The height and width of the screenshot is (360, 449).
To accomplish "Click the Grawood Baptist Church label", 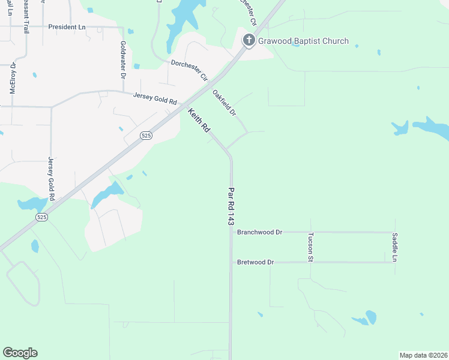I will click(x=303, y=41).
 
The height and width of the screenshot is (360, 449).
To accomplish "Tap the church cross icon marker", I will click(x=249, y=40).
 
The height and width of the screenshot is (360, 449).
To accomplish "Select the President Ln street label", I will click(x=67, y=27).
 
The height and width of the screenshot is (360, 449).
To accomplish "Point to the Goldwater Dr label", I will click(x=122, y=60).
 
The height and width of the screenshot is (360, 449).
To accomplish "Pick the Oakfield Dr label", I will click(x=225, y=103).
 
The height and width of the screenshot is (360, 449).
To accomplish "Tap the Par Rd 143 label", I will click(x=231, y=205).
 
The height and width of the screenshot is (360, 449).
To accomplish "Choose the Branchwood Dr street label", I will click(x=259, y=232).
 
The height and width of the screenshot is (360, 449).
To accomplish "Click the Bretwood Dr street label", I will click(x=255, y=262).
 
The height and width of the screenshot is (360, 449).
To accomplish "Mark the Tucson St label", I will click(x=310, y=247).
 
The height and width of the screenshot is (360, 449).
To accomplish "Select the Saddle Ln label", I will click(x=394, y=247).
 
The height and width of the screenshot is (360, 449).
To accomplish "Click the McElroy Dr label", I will click(x=12, y=78).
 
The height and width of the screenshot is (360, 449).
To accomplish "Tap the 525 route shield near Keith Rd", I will click(x=146, y=136).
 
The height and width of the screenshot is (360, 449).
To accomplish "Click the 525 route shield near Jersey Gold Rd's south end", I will click(x=41, y=217).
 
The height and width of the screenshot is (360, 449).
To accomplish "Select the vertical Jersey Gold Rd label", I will click(x=51, y=179).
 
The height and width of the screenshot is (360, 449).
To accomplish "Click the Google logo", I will click(x=20, y=353).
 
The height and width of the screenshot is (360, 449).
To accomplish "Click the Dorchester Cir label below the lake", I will click(x=189, y=70).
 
